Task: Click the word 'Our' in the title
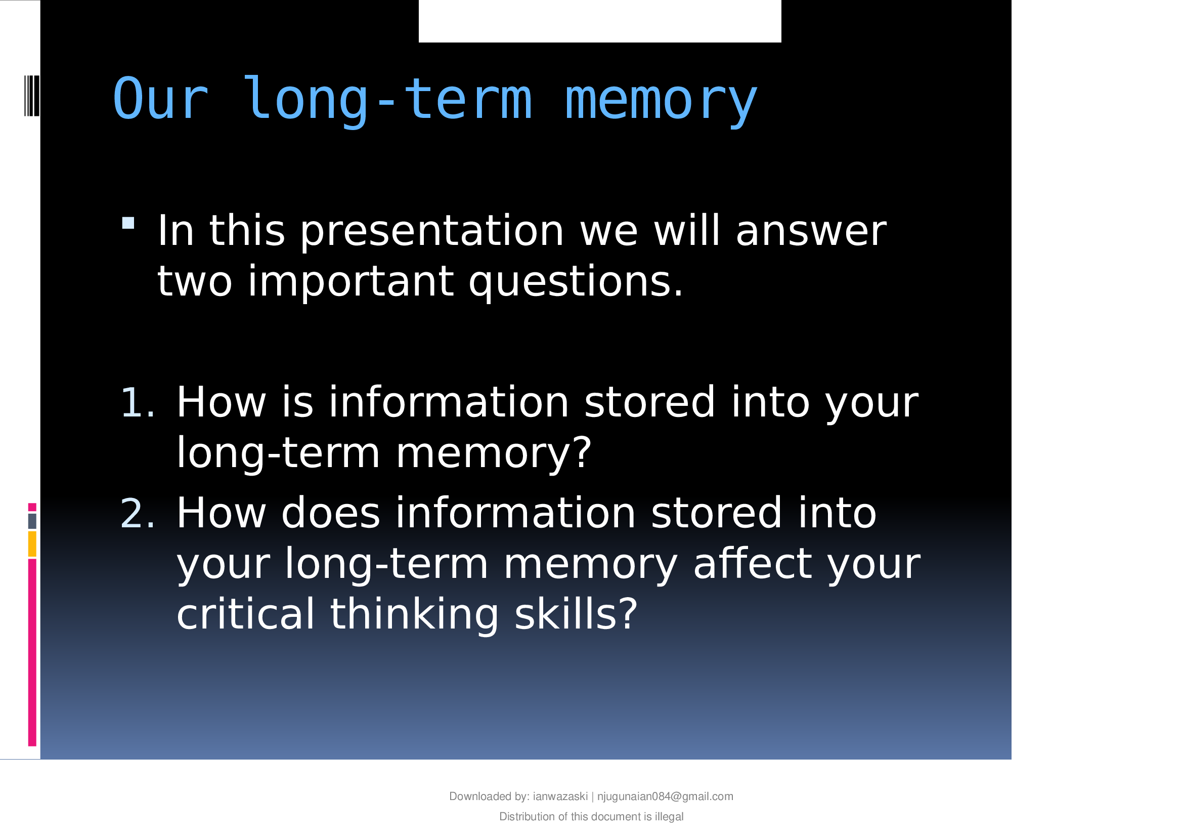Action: click(x=161, y=99)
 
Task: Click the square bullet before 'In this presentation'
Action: click(x=128, y=223)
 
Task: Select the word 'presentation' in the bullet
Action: click(x=432, y=232)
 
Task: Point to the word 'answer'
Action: click(x=811, y=231)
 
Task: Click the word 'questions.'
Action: click(x=576, y=282)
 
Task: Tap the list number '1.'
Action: click(x=137, y=402)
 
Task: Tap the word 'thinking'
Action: click(x=414, y=615)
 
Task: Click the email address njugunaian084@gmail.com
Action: click(x=665, y=797)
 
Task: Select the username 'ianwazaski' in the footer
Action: click(x=560, y=797)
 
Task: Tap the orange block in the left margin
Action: click(x=32, y=545)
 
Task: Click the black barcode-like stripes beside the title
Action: click(x=32, y=96)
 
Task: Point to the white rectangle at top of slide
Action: click(x=600, y=21)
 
